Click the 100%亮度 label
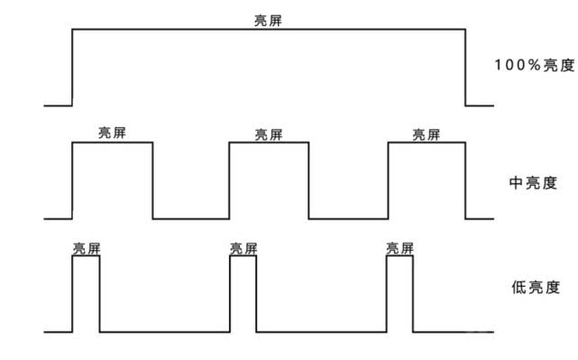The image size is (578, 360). click(x=534, y=65)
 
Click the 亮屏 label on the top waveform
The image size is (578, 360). click(x=268, y=20)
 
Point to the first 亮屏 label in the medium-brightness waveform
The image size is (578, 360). click(x=112, y=134)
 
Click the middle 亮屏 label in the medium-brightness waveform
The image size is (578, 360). click(x=268, y=134)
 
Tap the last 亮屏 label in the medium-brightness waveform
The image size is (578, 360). click(x=427, y=134)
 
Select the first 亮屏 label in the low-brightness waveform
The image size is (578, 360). click(x=87, y=247)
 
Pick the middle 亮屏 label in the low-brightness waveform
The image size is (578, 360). click(x=243, y=247)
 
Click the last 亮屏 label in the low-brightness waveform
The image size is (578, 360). click(x=400, y=247)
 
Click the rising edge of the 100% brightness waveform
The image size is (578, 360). click(x=72, y=68)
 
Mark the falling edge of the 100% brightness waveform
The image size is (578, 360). click(x=465, y=68)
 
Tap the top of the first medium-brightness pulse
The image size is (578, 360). click(x=112, y=143)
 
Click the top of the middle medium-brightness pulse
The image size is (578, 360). click(x=269, y=143)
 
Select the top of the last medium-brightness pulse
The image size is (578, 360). click(x=427, y=143)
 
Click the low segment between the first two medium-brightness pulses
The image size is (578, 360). click(x=190, y=218)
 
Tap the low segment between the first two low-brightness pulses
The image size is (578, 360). click(x=164, y=332)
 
